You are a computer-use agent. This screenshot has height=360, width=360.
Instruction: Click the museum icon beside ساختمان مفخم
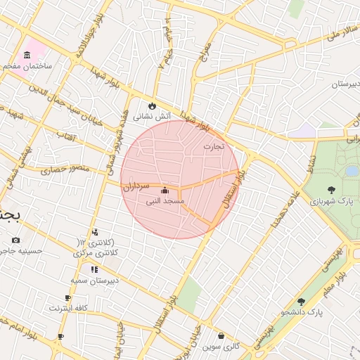click(27, 56)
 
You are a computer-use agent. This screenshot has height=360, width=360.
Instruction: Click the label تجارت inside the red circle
click(213, 146)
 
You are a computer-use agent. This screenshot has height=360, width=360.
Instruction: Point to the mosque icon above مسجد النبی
click(165, 190)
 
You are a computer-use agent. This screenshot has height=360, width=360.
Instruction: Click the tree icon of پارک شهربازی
click(331, 189)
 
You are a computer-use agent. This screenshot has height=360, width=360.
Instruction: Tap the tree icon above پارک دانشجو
click(301, 301)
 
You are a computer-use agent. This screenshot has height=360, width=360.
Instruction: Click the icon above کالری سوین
click(221, 336)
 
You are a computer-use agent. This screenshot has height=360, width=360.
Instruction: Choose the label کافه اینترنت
click(68, 308)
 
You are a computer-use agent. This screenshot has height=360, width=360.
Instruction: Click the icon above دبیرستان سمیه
click(94, 269)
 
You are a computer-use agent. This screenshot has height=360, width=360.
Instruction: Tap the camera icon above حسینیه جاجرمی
click(15, 240)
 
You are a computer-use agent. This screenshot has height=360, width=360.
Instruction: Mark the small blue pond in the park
click(352, 171)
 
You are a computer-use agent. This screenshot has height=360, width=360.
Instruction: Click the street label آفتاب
click(66, 134)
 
